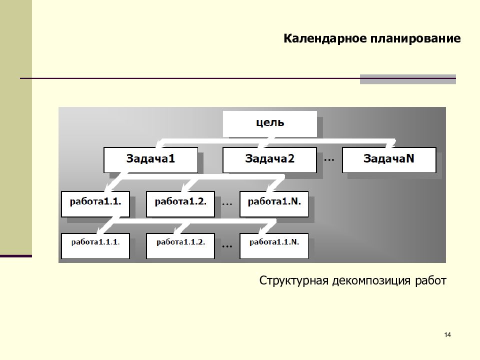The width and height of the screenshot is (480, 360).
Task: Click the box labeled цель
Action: pyautogui.click(x=269, y=123)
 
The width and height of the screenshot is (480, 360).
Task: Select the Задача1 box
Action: pyautogui.click(x=150, y=160)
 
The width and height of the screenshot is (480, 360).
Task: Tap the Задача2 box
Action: pyautogui.click(x=269, y=160)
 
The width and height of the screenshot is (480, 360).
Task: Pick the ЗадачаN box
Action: pyautogui.click(x=389, y=160)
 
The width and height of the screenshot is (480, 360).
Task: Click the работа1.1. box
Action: pyautogui.click(x=95, y=204)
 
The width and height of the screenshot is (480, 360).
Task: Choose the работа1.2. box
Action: pyautogui.click(x=180, y=204)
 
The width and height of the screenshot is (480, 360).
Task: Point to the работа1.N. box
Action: pyautogui.click(x=274, y=204)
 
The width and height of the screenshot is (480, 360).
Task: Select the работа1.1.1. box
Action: pyautogui.click(x=95, y=246)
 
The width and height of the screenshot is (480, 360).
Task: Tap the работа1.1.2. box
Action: pyautogui.click(x=180, y=246)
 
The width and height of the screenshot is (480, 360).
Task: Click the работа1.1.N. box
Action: pyautogui.click(x=274, y=246)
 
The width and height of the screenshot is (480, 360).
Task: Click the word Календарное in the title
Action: pyautogui.click(x=325, y=39)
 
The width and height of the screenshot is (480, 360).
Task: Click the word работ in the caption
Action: pyautogui.click(x=430, y=280)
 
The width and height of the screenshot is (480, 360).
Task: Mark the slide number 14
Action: pyautogui.click(x=447, y=334)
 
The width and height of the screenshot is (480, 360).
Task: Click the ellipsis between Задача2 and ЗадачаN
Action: pyautogui.click(x=329, y=160)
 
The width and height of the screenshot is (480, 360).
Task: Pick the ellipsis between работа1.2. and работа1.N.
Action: pyautogui.click(x=227, y=203)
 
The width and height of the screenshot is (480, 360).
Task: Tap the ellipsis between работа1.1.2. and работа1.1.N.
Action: pyautogui.click(x=227, y=246)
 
